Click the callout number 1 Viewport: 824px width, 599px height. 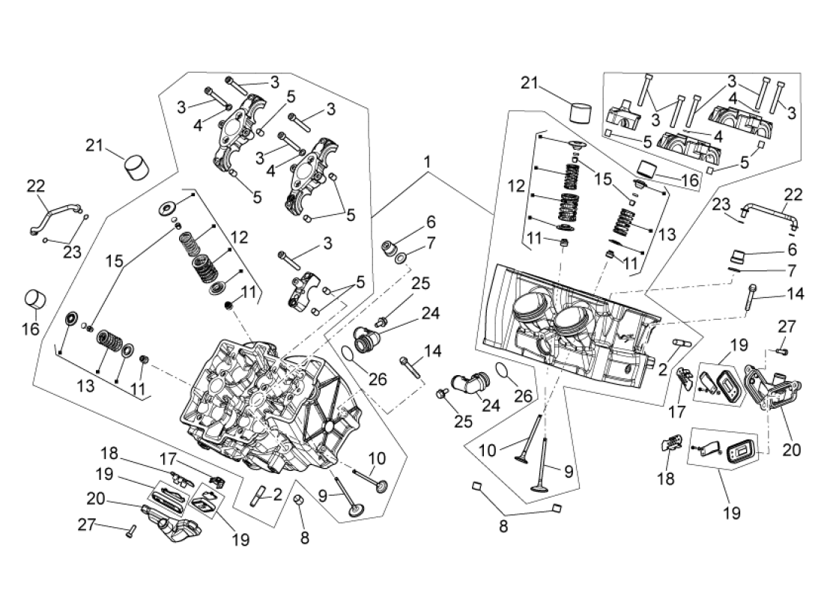click(x=427, y=162)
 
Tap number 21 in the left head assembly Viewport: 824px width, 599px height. click(x=94, y=145)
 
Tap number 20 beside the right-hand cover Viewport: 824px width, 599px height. click(x=791, y=450)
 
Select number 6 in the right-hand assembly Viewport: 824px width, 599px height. click(x=792, y=249)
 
